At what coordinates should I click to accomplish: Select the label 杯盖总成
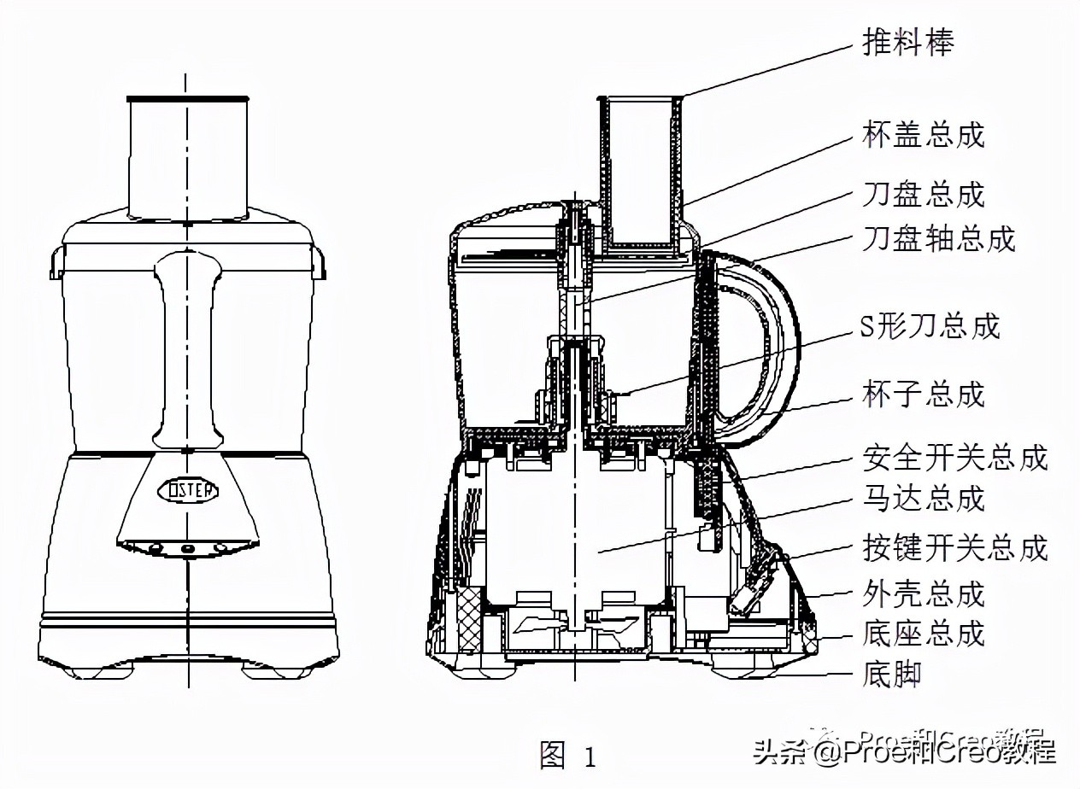(x=924, y=135)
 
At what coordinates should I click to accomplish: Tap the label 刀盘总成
(x=924, y=194)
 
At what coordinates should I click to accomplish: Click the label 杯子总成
(x=924, y=394)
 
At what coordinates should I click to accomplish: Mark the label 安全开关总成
(x=954, y=458)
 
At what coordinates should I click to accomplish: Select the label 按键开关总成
(x=954, y=547)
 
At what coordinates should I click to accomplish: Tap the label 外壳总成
(x=924, y=593)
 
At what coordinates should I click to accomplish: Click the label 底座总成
(x=924, y=634)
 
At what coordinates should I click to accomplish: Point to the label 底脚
(x=893, y=676)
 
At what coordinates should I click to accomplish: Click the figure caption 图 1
(x=567, y=755)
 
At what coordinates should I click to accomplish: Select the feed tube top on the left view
(x=187, y=100)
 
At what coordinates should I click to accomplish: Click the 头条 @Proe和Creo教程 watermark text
(x=905, y=751)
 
